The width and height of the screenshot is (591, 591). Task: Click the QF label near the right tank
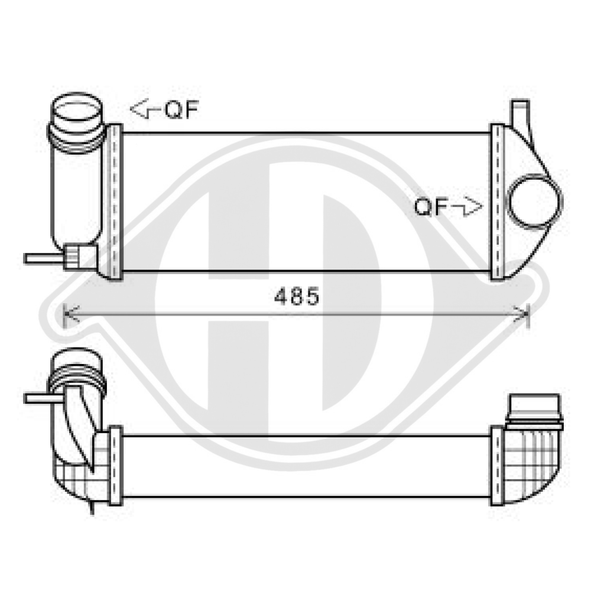point(430,207)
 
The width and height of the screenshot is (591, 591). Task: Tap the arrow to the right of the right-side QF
point(467,207)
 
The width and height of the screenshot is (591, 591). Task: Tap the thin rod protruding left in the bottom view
point(38,398)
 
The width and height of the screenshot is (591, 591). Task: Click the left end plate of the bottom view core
point(115,465)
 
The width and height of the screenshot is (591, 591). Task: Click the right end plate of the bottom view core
point(498,465)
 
